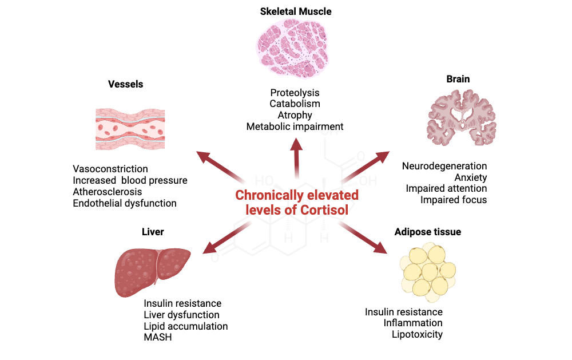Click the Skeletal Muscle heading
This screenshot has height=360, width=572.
295,11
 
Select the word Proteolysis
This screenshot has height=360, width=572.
295,93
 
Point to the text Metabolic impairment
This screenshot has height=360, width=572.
295,126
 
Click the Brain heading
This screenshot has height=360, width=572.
458,79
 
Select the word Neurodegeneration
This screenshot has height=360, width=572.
444,166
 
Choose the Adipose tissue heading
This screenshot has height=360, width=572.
427,232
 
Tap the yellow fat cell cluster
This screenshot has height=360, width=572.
428,268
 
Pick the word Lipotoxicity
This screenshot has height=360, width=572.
417,334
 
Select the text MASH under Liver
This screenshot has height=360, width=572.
158,337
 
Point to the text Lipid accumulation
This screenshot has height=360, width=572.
186,326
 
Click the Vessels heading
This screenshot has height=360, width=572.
125,84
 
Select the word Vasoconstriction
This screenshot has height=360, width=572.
110,169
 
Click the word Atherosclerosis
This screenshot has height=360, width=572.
108,192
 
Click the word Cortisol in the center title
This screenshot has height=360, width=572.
324,209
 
